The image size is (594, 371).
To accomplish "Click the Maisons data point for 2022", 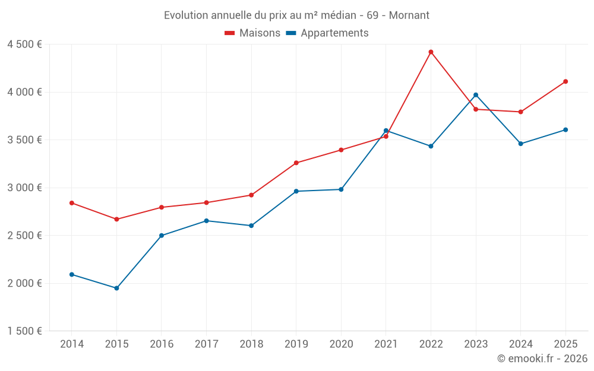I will click(431, 52).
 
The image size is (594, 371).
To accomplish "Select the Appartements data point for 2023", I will click(476, 95).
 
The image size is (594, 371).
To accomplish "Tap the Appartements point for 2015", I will click(116, 288).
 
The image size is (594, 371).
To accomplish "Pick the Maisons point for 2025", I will click(565, 81).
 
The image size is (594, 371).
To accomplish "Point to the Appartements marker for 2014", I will click(72, 274).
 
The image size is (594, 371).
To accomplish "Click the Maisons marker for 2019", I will click(296, 163).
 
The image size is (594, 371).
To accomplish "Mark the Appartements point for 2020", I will click(341, 189).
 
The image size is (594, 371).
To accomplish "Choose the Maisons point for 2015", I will click(116, 219).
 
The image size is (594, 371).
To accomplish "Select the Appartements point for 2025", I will click(565, 129).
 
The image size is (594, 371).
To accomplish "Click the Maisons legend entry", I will click(252, 33).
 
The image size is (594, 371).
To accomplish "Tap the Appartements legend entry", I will click(328, 33).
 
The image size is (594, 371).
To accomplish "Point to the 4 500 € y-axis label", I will click(24, 45).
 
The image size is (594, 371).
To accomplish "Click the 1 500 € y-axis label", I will click(24, 331).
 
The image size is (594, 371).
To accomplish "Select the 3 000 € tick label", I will click(24, 188).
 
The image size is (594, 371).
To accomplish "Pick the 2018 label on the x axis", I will click(251, 344).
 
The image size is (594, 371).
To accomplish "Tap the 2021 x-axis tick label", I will click(386, 344).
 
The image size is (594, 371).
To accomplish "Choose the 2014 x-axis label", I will click(72, 344).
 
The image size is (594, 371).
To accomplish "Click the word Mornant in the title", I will click(409, 15).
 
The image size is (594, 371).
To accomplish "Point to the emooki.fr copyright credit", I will click(542, 359).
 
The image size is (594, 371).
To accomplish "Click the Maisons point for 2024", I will click(520, 112).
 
